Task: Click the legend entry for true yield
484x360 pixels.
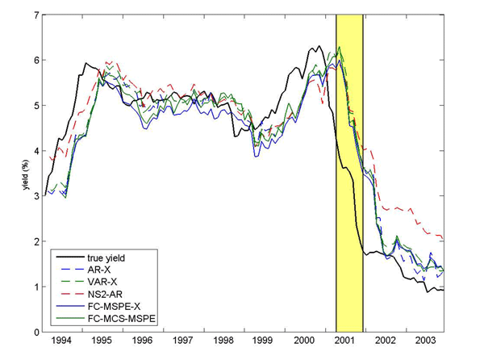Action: click(x=105, y=257)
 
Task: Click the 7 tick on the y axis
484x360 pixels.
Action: click(x=40, y=15)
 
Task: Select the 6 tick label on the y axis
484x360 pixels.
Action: click(x=40, y=61)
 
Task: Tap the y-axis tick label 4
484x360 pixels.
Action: click(x=40, y=151)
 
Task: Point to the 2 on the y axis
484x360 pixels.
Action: click(x=40, y=241)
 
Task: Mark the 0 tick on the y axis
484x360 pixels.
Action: click(x=40, y=332)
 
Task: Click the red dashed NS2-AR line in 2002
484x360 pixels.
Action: click(x=395, y=208)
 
